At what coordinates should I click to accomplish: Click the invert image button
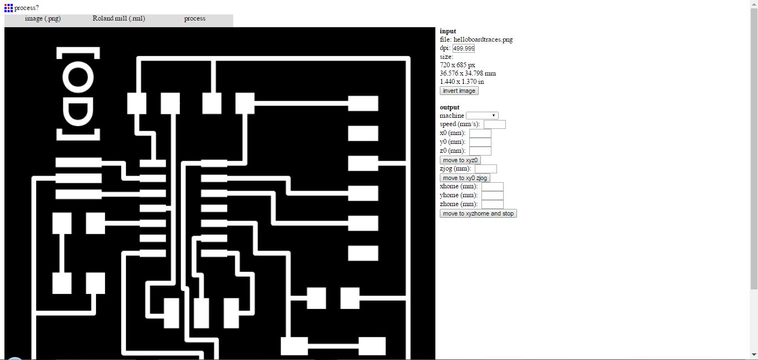459,91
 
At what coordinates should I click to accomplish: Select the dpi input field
464,48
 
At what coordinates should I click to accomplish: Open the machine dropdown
482,116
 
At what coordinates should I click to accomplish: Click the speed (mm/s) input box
495,124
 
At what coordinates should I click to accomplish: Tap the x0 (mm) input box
480,133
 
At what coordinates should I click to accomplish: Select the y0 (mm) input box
480,142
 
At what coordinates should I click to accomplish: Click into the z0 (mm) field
480,151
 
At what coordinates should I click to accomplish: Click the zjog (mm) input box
486,169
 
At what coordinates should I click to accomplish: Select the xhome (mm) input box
493,187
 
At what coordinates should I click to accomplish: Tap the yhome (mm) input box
493,196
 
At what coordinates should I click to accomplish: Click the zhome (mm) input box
493,204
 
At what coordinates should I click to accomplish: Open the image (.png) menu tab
43,19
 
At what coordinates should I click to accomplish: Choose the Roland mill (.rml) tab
119,19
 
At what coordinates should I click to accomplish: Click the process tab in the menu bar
195,19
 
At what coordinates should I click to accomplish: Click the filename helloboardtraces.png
483,39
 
